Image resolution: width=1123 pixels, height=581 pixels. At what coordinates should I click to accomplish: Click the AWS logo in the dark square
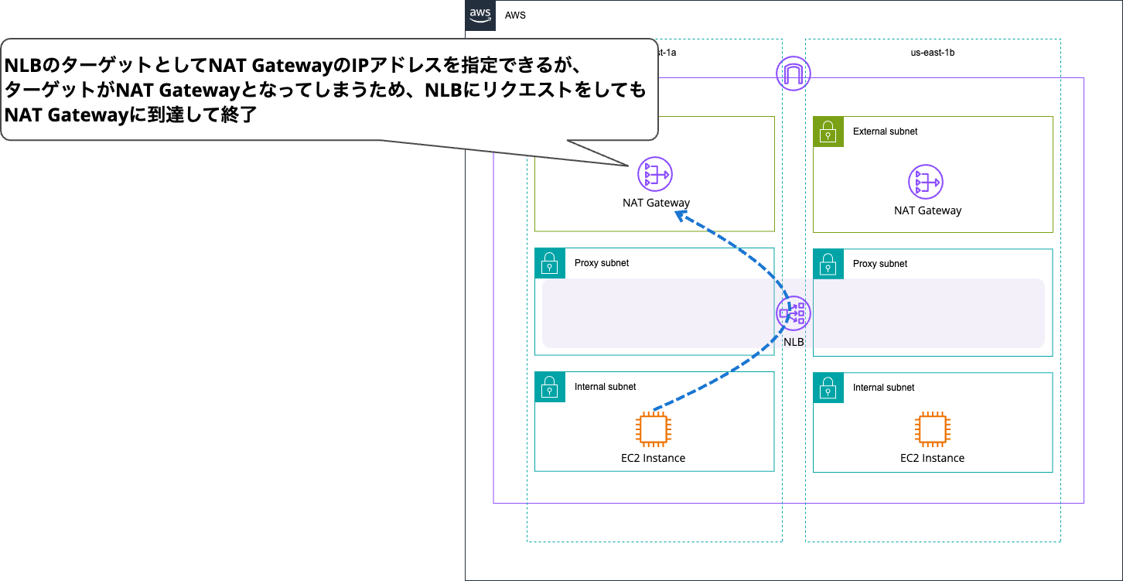pyautogui.click(x=480, y=15)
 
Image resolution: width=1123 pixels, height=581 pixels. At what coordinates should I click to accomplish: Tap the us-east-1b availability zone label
pyautogui.click(x=933, y=53)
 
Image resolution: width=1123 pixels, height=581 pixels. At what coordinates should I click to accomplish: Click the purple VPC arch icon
pyautogui.click(x=793, y=73)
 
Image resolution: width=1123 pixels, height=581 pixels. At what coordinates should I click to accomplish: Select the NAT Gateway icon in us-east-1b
pyautogui.click(x=926, y=183)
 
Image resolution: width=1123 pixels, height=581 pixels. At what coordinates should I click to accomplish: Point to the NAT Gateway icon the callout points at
pyautogui.click(x=655, y=175)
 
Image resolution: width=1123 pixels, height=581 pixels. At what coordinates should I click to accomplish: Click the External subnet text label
pyautogui.click(x=885, y=132)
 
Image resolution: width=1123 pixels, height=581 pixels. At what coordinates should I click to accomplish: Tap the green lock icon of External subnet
pyautogui.click(x=828, y=132)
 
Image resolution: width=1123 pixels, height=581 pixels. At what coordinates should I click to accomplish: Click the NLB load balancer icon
pyautogui.click(x=794, y=313)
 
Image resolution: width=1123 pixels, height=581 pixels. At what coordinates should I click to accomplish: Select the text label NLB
pyautogui.click(x=794, y=341)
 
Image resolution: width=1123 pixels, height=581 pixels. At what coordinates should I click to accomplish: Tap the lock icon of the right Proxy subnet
pyautogui.click(x=828, y=264)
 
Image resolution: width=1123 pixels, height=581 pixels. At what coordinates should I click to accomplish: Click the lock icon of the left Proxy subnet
pyautogui.click(x=550, y=263)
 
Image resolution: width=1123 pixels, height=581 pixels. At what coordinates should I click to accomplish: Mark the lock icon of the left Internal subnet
pyautogui.click(x=550, y=387)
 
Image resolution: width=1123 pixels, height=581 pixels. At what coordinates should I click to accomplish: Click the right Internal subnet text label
pyautogui.click(x=883, y=388)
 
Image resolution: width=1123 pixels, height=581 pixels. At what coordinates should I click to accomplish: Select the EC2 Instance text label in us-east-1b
pyautogui.click(x=932, y=458)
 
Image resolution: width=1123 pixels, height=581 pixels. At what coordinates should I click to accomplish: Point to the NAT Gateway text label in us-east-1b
pyautogui.click(x=927, y=210)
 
